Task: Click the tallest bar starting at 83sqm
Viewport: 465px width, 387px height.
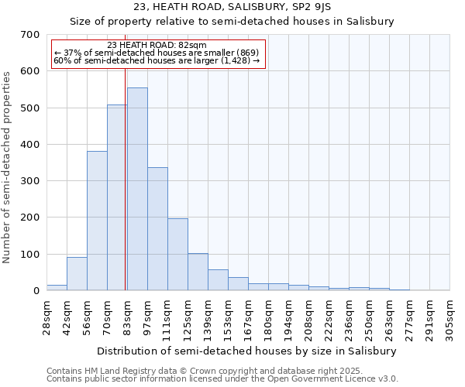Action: (137, 189)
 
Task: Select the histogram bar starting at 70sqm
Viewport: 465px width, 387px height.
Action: (117, 197)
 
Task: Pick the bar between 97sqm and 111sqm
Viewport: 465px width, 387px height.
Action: (157, 229)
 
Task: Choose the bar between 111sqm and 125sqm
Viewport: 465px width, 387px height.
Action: (177, 255)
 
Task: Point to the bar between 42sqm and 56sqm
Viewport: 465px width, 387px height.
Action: (77, 274)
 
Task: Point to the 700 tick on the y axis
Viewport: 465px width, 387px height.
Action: (29, 35)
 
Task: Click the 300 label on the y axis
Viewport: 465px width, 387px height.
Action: (29, 181)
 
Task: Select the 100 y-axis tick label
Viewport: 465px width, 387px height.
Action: (29, 255)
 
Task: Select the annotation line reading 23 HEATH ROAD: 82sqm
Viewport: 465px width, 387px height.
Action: (157, 46)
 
